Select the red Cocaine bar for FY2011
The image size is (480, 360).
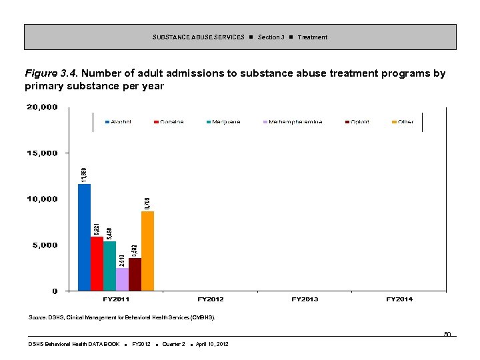click(97, 263)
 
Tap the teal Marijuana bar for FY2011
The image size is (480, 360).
click(109, 265)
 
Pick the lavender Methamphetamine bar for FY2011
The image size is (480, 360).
click(122, 279)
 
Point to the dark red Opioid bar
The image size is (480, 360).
click(135, 274)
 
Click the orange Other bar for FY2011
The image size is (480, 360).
click(147, 251)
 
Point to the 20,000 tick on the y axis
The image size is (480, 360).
click(42, 107)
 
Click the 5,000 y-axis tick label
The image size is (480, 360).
click(45, 245)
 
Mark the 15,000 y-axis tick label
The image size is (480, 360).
click(42, 153)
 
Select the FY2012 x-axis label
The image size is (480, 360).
click(211, 299)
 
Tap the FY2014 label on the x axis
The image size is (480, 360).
click(399, 299)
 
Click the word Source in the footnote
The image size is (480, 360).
click(37, 318)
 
